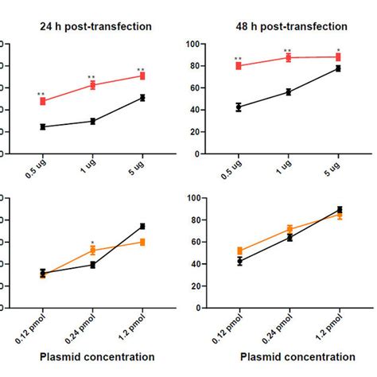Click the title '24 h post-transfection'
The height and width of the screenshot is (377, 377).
click(x=95, y=26)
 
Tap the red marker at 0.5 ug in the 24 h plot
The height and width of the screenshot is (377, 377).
click(x=42, y=101)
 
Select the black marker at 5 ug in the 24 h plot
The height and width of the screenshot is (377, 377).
click(x=142, y=98)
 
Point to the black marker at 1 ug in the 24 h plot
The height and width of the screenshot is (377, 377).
click(x=92, y=121)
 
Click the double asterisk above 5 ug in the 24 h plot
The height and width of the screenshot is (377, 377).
click(x=142, y=70)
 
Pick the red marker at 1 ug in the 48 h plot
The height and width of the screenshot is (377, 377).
click(x=289, y=57)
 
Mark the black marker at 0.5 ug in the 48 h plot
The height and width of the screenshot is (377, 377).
click(x=239, y=107)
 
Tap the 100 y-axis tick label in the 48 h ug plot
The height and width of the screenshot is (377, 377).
click(x=196, y=44)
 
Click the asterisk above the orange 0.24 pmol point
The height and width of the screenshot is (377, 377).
click(x=92, y=243)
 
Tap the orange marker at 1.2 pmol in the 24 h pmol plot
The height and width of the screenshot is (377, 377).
click(x=142, y=242)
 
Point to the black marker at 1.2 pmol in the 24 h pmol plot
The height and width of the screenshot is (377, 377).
click(x=142, y=227)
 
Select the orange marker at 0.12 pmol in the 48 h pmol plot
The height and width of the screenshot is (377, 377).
click(x=239, y=251)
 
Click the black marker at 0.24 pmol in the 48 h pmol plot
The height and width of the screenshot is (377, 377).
click(x=289, y=237)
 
